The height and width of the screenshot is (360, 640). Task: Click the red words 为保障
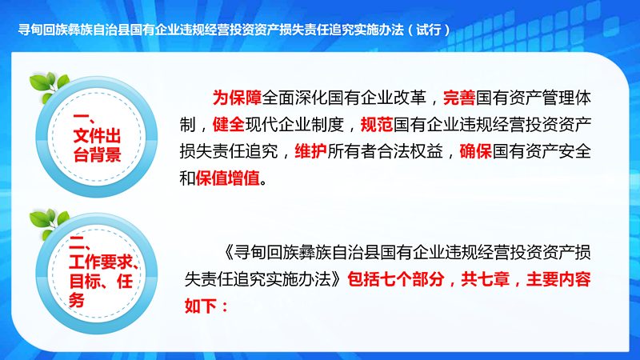click(x=237, y=98)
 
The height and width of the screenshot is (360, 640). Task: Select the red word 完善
click(x=459, y=98)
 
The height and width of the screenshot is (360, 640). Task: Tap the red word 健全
click(x=229, y=125)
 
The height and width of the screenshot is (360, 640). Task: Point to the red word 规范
click(x=377, y=125)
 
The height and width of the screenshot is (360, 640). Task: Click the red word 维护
click(x=311, y=151)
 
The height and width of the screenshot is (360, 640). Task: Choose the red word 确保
click(x=476, y=151)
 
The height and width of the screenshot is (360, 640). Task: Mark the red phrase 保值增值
click(x=228, y=178)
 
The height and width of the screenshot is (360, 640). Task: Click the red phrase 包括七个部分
click(x=396, y=279)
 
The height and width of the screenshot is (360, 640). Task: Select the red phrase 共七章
click(x=486, y=279)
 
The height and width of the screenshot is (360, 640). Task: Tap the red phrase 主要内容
click(x=558, y=279)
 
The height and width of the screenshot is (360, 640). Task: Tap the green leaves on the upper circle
click(x=49, y=86)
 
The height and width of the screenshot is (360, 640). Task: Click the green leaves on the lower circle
click(x=49, y=223)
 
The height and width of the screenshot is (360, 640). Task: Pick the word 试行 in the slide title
click(x=429, y=30)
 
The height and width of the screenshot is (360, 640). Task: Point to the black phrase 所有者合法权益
click(x=385, y=151)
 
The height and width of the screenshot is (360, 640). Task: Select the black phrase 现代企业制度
click(x=294, y=125)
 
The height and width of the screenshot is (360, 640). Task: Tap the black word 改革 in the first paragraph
click(x=410, y=98)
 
